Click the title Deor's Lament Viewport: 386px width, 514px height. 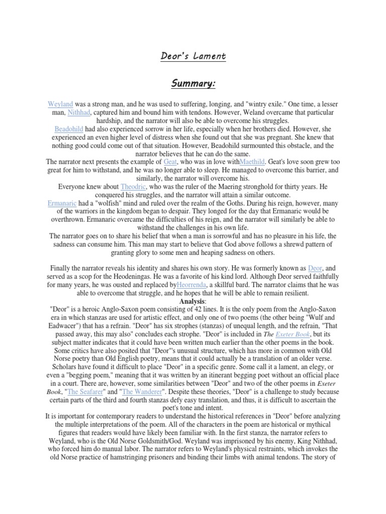pyautogui.click(x=194, y=56)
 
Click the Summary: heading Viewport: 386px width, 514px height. pyautogui.click(x=193, y=83)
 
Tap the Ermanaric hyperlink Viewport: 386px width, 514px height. pyautogui.click(x=64, y=202)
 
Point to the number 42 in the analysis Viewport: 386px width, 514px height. pyautogui.click(x=212, y=309)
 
